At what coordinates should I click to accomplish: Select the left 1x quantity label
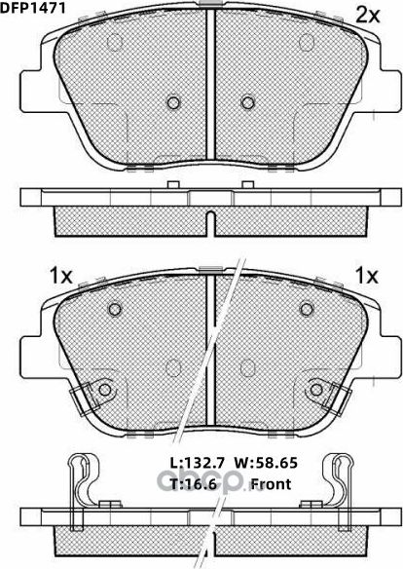[x=59, y=276]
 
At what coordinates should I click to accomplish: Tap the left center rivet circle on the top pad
[x=174, y=101]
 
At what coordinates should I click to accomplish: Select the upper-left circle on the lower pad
[x=115, y=310]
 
